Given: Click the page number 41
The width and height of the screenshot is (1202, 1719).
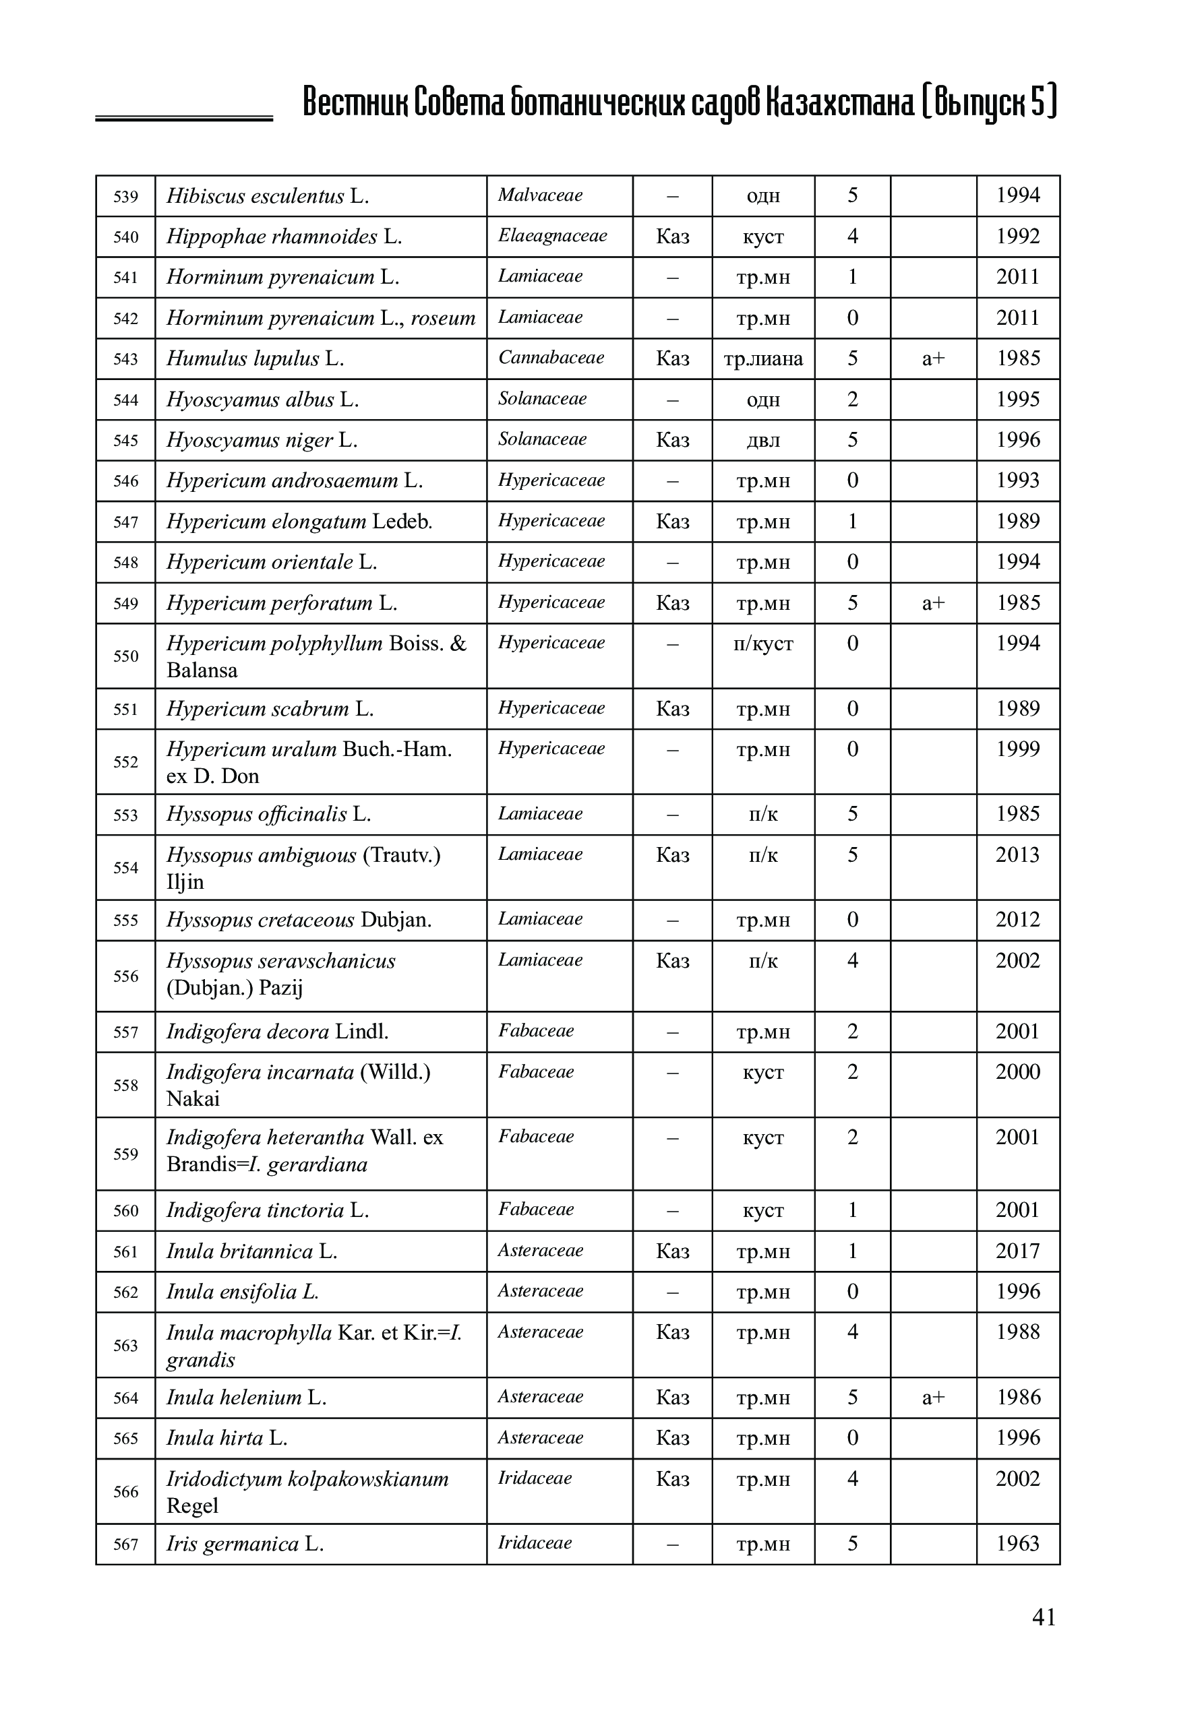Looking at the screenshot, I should (1043, 1639).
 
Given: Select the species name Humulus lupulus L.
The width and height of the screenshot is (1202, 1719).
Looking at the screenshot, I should (255, 358).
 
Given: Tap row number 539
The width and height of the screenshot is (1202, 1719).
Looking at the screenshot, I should (126, 197).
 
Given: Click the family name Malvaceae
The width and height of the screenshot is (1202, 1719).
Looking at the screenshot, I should (540, 195).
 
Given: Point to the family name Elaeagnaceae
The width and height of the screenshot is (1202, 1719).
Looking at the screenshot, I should (552, 236).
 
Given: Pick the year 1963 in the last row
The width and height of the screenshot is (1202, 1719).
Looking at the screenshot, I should (1018, 1543).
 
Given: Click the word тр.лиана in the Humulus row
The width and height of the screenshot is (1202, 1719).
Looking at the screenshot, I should (763, 358).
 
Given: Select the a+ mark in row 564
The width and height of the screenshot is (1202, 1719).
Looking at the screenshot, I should (933, 1397).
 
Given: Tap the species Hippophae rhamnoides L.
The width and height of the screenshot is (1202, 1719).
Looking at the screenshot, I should (284, 237).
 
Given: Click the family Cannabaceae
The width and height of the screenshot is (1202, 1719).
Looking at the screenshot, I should (551, 358).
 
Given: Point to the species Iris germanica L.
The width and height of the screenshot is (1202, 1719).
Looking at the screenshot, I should (245, 1544).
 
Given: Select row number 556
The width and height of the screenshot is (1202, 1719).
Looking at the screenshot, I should (126, 976).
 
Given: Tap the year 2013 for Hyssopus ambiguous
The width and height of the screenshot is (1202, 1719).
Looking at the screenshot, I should (1018, 855).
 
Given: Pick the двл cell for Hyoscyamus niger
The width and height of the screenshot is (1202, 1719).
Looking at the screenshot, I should (763, 440).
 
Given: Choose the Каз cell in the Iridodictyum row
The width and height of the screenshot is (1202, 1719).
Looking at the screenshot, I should (673, 1479).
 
